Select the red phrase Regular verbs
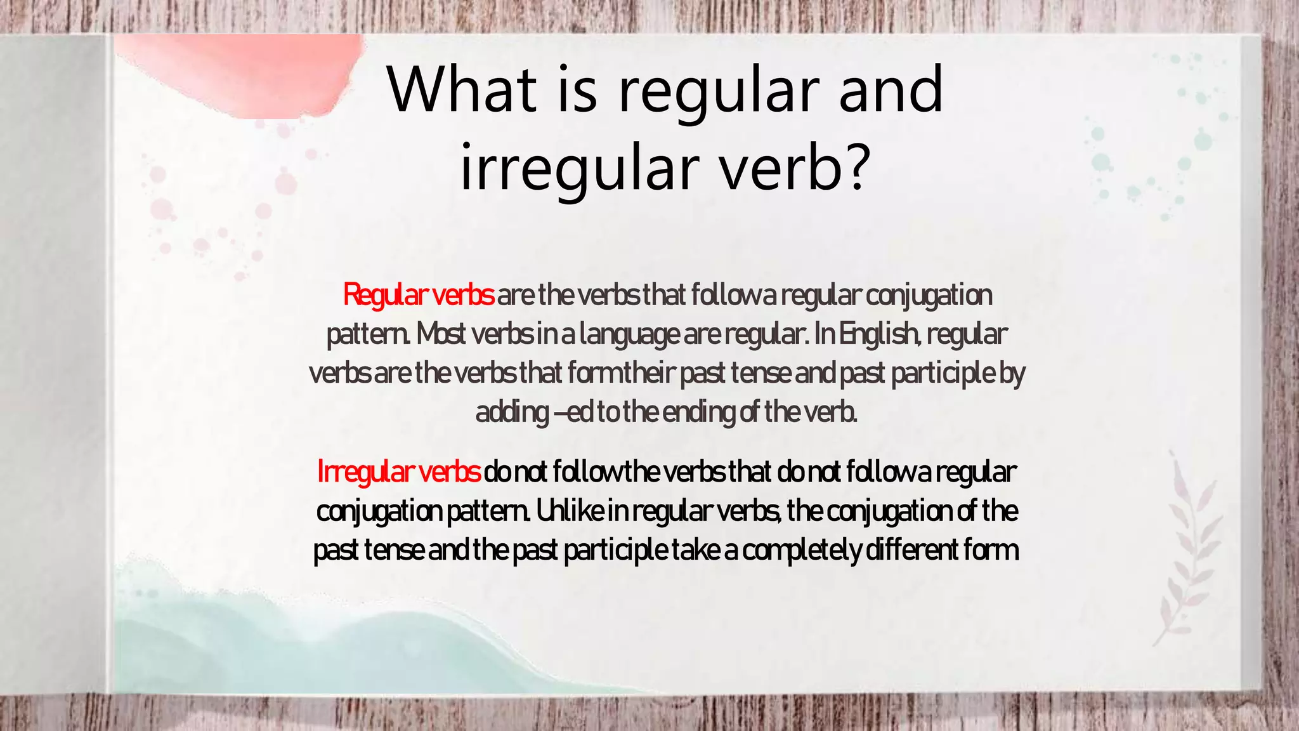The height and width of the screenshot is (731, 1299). tap(418, 295)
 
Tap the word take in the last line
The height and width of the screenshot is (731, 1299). tap(695, 550)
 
